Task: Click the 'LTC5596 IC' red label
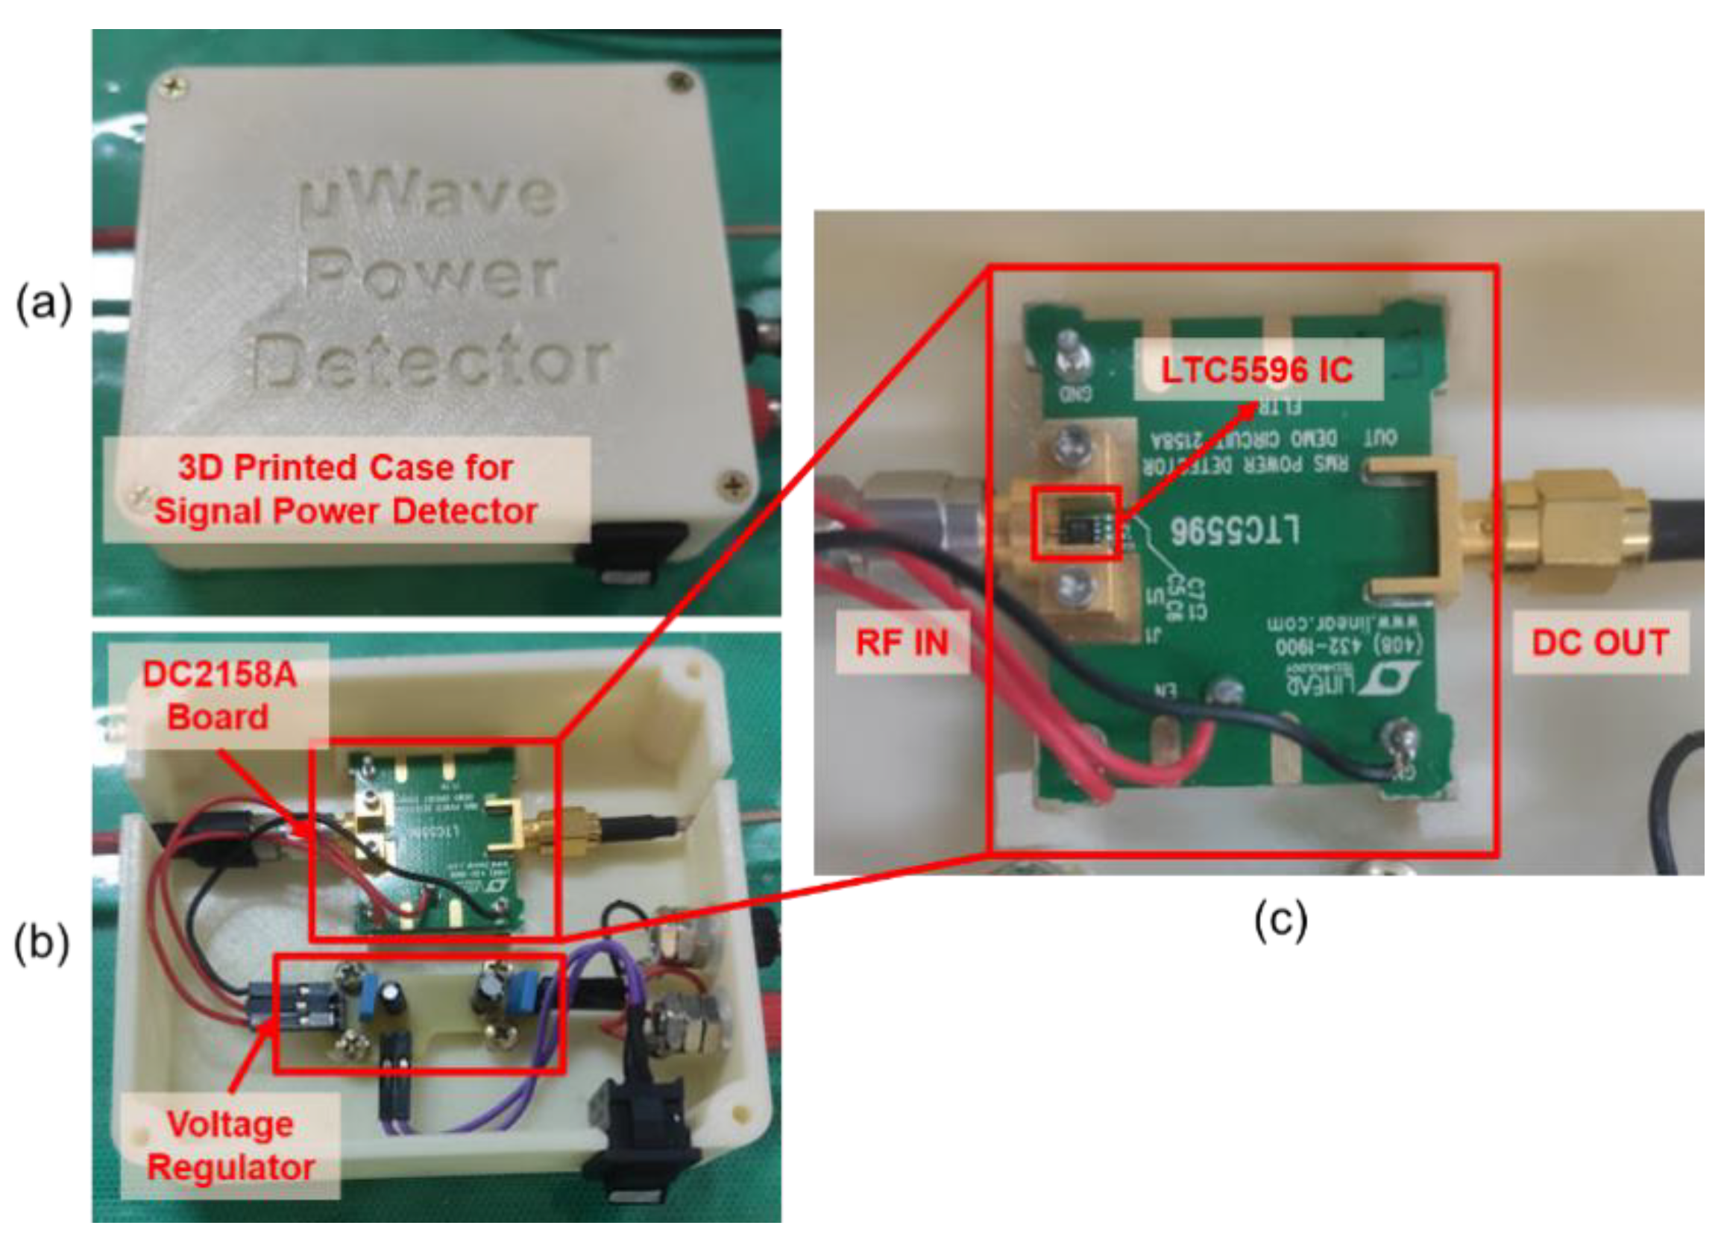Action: tap(1256, 371)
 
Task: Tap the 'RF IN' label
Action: tap(902, 643)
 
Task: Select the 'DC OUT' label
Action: tap(1600, 643)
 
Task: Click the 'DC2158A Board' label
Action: tap(219, 695)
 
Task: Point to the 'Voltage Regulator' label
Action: tap(230, 1146)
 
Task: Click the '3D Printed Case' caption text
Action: tap(346, 489)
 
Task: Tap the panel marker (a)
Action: tap(44, 304)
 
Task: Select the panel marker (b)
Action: tap(43, 942)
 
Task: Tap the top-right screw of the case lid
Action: tap(679, 81)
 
